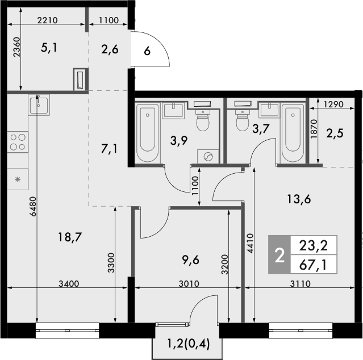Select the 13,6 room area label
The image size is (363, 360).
300,199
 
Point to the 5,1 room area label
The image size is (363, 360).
50,49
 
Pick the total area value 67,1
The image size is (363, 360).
312,264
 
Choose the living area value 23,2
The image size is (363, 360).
312,246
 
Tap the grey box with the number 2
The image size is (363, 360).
279,255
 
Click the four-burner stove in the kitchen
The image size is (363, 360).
18,141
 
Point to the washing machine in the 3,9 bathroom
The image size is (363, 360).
208,156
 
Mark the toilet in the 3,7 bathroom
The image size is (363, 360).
243,118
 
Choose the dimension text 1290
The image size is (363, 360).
335,104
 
